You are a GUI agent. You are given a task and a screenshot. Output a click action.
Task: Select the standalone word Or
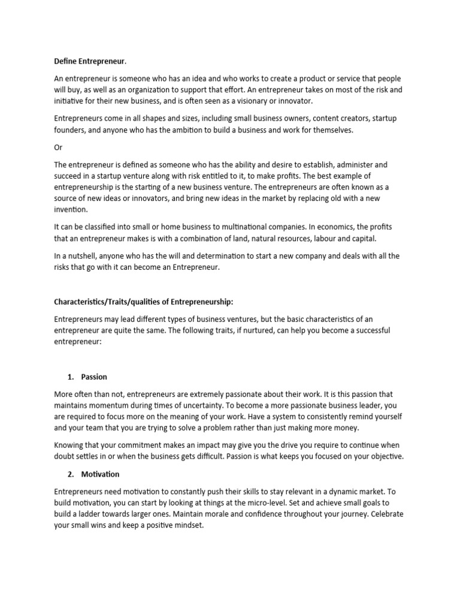pos(59,147)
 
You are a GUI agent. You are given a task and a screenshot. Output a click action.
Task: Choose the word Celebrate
pos(387,514)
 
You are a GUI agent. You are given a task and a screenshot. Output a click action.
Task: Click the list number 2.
pos(70,474)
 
